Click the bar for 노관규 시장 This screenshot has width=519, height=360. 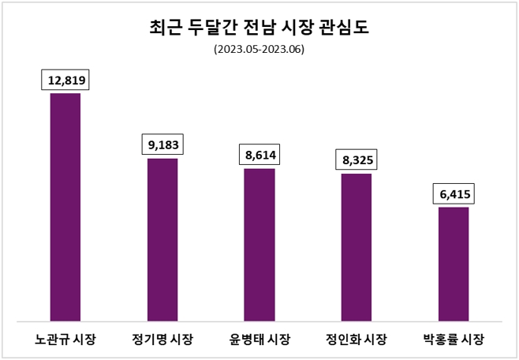click(65, 207)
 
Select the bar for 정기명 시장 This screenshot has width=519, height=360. click(162, 239)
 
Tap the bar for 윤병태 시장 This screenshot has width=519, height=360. click(259, 245)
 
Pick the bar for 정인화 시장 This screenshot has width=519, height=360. click(357, 247)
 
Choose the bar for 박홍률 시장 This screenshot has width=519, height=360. click(454, 264)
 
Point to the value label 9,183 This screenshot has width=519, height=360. click(163, 144)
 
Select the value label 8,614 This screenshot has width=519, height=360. click(260, 155)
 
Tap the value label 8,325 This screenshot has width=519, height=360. click(357, 160)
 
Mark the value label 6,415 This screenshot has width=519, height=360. click(454, 193)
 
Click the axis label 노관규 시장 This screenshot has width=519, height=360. click(65, 340)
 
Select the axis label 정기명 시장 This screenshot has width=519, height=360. click(162, 340)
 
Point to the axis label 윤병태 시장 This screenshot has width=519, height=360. click(259, 340)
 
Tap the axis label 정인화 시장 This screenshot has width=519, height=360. click(357, 340)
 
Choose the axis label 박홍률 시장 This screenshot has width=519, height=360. click(454, 340)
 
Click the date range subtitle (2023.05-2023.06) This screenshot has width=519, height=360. click(259, 49)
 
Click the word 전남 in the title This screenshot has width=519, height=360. click(255, 28)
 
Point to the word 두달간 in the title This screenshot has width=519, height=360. click(208, 28)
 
